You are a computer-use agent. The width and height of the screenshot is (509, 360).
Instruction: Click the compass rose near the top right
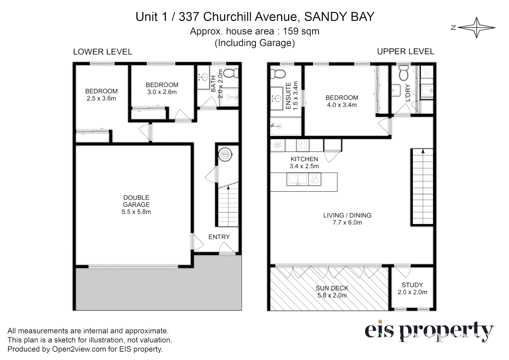click(476, 28)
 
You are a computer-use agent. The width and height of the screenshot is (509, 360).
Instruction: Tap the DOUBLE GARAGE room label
click(136, 201)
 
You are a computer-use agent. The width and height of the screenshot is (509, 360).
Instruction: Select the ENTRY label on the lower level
click(219, 237)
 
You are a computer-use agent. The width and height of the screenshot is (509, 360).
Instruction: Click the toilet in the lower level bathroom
click(230, 73)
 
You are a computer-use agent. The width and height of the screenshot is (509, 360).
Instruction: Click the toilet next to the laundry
click(403, 74)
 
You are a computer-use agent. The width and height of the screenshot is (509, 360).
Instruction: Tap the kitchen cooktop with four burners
click(303, 145)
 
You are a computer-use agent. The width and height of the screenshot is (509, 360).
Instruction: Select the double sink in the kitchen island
click(298, 180)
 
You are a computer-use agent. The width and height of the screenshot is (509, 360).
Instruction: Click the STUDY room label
click(412, 285)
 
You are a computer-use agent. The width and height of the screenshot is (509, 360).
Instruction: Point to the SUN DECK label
click(332, 288)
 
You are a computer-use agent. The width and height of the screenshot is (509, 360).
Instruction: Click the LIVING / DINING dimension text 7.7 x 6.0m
click(347, 223)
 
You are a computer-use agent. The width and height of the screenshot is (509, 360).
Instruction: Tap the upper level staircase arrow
click(423, 151)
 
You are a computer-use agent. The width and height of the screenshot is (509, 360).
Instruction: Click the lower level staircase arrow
click(228, 188)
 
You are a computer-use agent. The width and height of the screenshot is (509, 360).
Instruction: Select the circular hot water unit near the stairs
click(225, 155)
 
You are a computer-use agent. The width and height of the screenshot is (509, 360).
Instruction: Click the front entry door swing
click(227, 248)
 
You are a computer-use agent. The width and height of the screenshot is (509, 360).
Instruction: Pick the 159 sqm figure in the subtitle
click(301, 31)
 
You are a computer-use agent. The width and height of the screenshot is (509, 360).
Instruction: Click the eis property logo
click(429, 331)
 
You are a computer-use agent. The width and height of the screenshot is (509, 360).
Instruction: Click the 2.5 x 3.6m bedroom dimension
click(101, 99)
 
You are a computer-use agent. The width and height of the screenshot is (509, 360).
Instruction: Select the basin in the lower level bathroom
click(203, 77)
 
